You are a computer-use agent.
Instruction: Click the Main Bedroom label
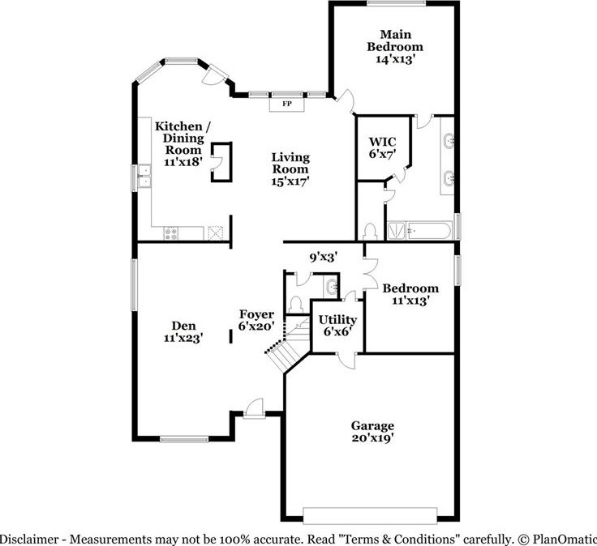tap(393, 45)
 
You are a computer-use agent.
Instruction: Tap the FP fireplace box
tap(286, 104)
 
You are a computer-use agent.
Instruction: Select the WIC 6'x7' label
tap(382, 147)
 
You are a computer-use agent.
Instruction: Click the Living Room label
tap(290, 169)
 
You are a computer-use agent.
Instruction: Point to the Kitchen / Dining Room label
tap(183, 143)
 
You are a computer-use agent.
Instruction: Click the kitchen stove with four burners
tap(171, 232)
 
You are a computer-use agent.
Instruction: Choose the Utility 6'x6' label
tap(337, 325)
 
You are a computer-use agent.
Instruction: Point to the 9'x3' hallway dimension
tap(323, 257)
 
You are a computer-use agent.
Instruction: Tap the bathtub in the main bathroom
tap(419, 231)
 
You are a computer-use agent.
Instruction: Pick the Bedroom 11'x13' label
tap(410, 293)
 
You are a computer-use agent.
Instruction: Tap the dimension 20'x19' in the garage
tap(372, 439)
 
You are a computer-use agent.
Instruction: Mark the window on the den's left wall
tap(135, 284)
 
